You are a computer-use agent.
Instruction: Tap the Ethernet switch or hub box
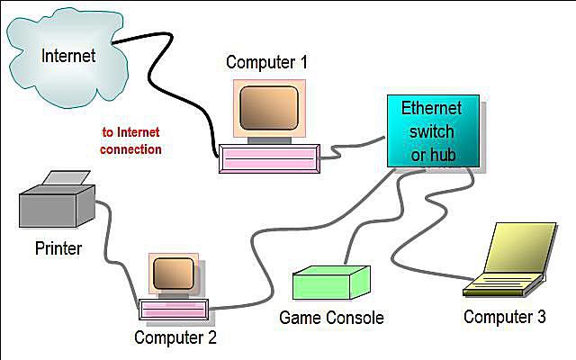point(434,131)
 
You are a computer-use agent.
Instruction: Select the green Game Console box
point(331,283)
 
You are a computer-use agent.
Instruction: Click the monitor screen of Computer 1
point(269,108)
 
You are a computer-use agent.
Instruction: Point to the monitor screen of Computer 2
point(174,274)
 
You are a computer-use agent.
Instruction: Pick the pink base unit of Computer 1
point(269,158)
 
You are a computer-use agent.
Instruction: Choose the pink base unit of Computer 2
point(174,310)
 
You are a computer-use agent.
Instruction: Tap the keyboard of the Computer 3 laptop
point(502,285)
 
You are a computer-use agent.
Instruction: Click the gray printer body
point(57,206)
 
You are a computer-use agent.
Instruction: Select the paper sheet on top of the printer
point(67,178)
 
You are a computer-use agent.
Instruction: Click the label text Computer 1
point(266,62)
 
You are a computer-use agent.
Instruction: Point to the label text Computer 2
point(175,337)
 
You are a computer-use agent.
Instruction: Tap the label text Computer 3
point(505,317)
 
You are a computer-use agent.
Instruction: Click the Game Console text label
point(331,318)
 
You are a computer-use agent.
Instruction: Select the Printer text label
point(58,248)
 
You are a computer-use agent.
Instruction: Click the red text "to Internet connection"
point(130,140)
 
